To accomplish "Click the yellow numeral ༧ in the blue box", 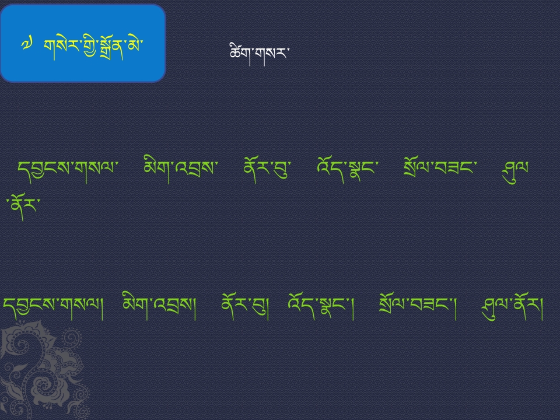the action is pos(27,45).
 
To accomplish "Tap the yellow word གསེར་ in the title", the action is pos(60,47).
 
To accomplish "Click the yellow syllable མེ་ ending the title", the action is pos(135,45).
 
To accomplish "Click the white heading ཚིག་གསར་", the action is pos(259,54).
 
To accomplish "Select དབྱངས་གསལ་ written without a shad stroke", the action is pos(68,170).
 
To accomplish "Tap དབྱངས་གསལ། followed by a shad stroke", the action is pos(53,307).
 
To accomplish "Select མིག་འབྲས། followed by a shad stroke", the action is pos(159,306).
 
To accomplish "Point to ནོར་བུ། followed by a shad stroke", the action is pos(245,307).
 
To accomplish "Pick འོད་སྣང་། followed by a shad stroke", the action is pos(321,307).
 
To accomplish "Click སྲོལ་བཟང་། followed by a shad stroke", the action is pos(418,307).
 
